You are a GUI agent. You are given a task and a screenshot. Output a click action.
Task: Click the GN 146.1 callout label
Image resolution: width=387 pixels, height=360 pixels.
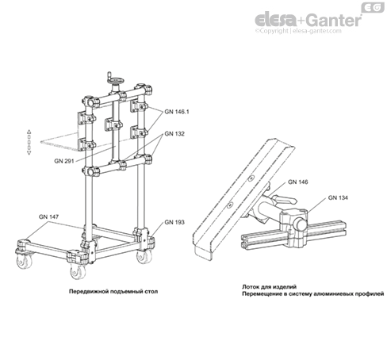tap(177, 112)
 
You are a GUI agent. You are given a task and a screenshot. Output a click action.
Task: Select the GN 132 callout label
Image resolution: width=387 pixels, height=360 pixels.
tap(174, 134)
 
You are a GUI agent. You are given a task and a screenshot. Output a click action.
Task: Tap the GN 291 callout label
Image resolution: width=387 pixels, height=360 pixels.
tap(64, 161)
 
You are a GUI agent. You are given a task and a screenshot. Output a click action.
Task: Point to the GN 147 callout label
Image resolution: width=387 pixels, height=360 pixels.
tap(48, 216)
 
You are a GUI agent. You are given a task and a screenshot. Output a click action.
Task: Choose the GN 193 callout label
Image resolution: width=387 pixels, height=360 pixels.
tap(174, 222)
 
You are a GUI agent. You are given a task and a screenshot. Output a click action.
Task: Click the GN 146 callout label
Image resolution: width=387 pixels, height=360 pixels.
tap(298, 182)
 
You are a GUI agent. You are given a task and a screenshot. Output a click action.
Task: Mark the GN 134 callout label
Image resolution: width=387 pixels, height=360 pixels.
tap(338, 197)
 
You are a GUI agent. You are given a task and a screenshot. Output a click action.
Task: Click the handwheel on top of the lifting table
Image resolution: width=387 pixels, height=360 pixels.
tap(116, 79)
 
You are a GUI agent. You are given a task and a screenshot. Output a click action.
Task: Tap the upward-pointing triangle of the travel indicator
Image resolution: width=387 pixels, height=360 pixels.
tap(29, 132)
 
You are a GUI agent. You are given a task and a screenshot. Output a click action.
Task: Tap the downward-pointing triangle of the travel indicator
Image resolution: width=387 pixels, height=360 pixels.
tap(29, 153)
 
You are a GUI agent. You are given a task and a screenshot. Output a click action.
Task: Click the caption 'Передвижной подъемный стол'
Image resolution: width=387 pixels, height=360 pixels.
tap(113, 291)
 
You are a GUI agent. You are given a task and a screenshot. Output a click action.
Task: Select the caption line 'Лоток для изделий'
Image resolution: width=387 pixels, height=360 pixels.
tap(270, 287)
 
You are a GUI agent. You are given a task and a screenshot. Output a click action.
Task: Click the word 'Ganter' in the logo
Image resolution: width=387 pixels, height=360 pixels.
tap(335, 20)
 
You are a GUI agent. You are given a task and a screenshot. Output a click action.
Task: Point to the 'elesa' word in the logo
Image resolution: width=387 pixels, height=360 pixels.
tap(275, 20)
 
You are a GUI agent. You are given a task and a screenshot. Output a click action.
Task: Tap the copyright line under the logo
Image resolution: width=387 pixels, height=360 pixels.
tap(298, 31)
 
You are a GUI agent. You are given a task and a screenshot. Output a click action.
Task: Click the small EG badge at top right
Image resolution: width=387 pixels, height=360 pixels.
tap(373, 7)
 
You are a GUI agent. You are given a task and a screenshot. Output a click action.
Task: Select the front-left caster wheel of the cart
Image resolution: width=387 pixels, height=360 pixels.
tap(78, 271)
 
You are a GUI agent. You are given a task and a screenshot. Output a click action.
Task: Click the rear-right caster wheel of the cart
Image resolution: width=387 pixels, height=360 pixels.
tap(144, 256)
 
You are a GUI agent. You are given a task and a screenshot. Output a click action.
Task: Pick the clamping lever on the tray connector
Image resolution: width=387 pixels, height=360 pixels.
tap(283, 200)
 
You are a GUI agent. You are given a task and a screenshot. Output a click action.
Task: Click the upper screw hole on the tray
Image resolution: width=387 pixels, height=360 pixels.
tap(251, 178)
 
